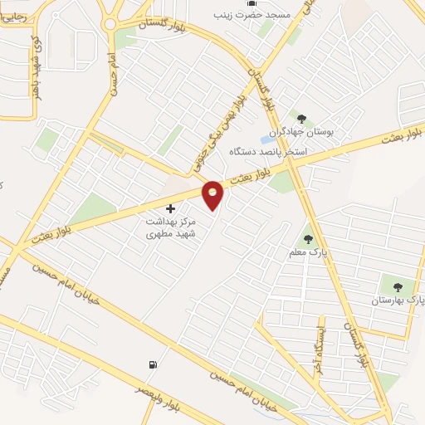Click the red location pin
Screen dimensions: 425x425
pyautogui.click(x=213, y=194)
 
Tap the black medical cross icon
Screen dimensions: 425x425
pyautogui.click(x=171, y=208)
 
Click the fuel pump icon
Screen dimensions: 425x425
pyautogui.click(x=152, y=364)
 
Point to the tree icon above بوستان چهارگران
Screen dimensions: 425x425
pyautogui.click(x=300, y=119)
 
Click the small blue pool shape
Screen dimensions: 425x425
pyautogui.click(x=270, y=139)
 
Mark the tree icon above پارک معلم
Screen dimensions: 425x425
pyautogui.click(x=308, y=239)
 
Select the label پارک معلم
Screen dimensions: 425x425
pyautogui.click(x=305, y=252)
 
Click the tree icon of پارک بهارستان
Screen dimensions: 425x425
pyautogui.click(x=396, y=286)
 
